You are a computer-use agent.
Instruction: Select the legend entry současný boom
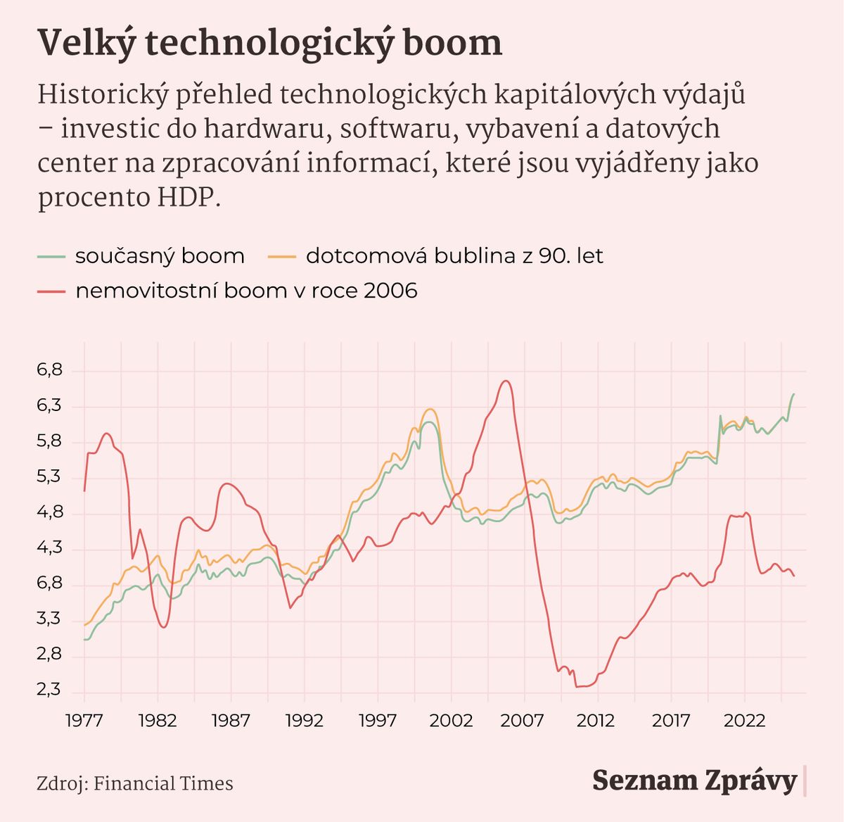click(x=160, y=256)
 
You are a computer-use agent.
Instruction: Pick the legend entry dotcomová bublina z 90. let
click(x=454, y=256)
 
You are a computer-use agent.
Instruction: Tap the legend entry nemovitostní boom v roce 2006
click(x=246, y=291)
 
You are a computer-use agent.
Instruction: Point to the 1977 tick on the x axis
click(x=84, y=720)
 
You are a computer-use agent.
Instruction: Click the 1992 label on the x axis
click(x=304, y=720)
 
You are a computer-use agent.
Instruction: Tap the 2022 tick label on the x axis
click(x=744, y=720)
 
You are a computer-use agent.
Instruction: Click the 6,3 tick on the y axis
click(x=50, y=406)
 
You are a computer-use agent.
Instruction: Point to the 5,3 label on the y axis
click(x=50, y=477)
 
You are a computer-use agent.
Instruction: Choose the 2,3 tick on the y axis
click(x=50, y=690)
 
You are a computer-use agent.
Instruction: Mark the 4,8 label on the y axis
click(x=50, y=512)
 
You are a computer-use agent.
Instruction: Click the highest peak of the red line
click(x=505, y=381)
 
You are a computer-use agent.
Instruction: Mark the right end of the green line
click(x=793, y=394)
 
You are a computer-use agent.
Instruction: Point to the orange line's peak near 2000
click(x=430, y=409)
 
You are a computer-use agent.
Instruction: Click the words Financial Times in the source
click(x=163, y=783)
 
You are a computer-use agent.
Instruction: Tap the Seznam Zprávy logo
click(x=694, y=780)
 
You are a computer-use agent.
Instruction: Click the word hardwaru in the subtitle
click(x=248, y=129)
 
